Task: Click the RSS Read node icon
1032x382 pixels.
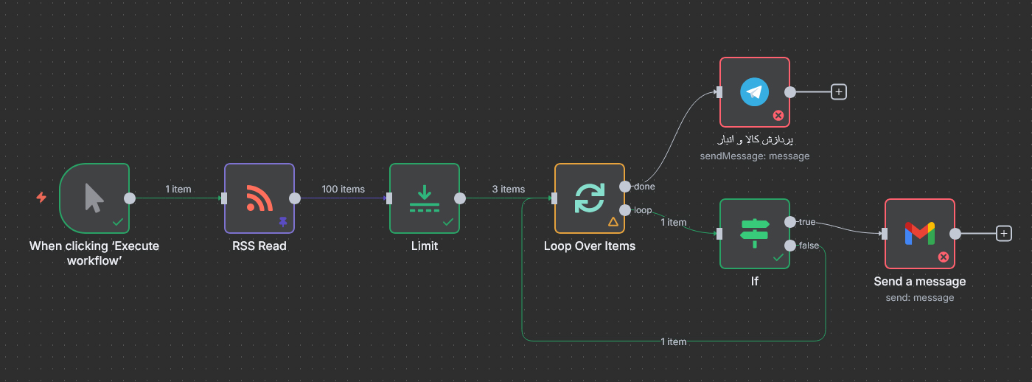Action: click(259, 198)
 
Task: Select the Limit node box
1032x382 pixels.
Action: click(424, 198)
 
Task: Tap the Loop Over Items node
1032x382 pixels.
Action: click(589, 198)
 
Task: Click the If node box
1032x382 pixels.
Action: click(754, 233)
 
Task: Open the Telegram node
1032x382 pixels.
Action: click(754, 92)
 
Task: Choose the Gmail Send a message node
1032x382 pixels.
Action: click(919, 233)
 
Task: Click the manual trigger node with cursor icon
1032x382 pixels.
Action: click(94, 198)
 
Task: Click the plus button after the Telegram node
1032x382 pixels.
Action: click(839, 92)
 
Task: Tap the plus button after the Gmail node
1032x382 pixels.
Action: click(1004, 234)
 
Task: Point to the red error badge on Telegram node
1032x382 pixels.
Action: click(778, 115)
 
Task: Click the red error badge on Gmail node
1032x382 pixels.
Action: click(943, 257)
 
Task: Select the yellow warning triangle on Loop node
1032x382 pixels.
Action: click(613, 221)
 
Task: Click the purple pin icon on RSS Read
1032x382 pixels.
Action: click(282, 221)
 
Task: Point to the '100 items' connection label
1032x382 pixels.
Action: click(343, 190)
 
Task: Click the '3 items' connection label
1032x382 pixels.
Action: click(508, 190)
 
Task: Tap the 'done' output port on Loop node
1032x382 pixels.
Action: click(625, 186)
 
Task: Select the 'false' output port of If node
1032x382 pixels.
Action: click(790, 245)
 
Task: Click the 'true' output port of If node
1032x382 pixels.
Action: click(790, 221)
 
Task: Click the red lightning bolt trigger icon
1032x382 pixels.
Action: click(41, 198)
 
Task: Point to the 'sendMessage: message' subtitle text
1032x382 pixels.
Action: click(754, 156)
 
